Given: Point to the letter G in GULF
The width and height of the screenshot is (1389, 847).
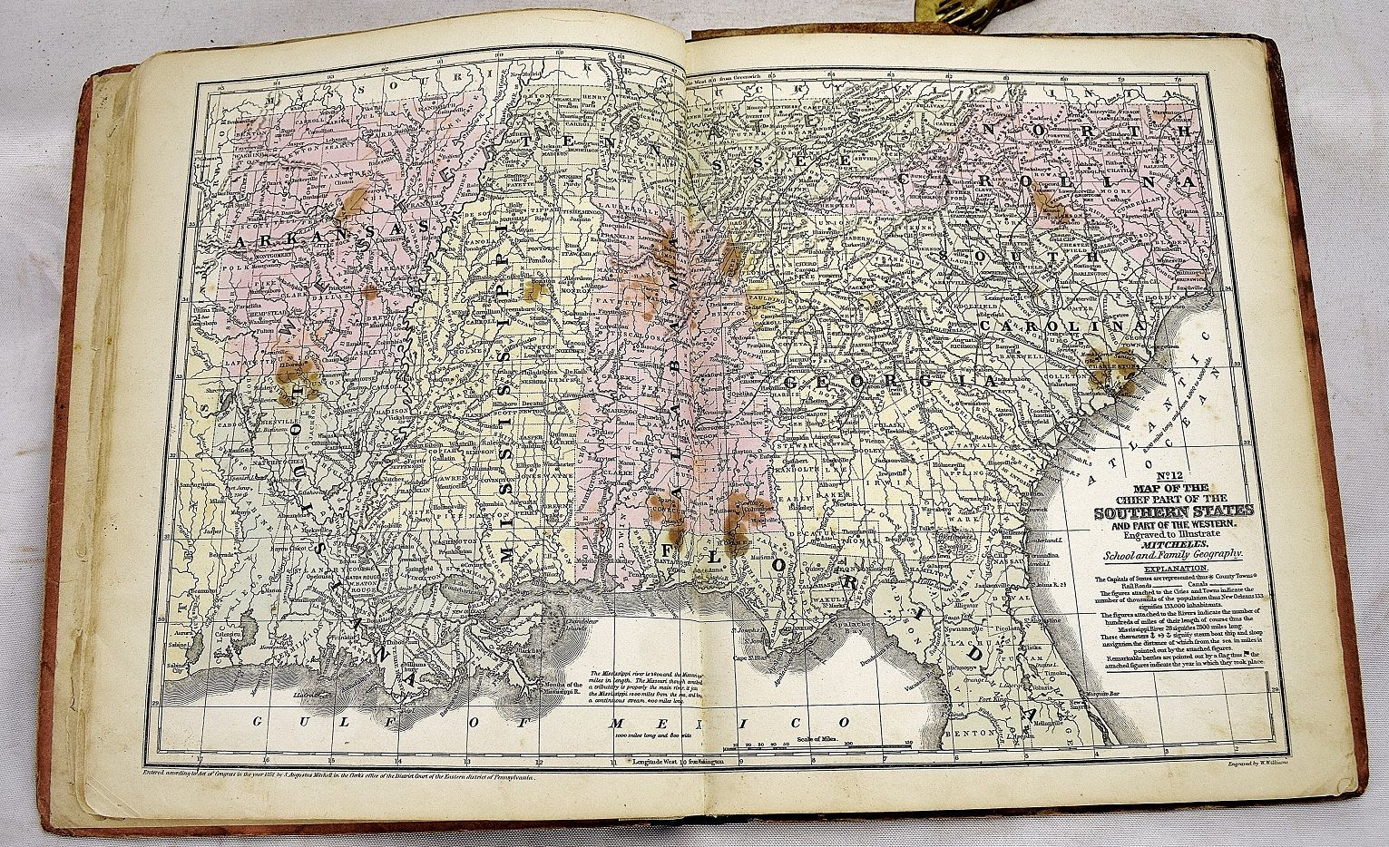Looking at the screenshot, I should coord(260,721).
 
